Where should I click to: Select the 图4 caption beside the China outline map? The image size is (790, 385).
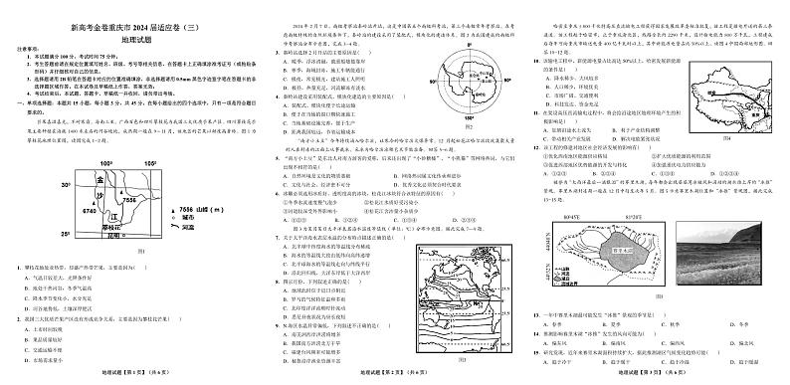click(726, 137)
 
